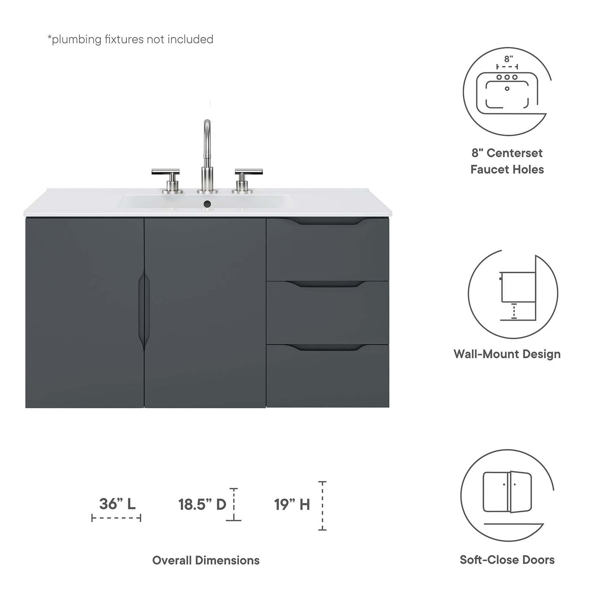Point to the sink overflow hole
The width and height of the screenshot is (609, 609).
pos(207,204)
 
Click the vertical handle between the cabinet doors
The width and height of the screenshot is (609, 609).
pos(144,311)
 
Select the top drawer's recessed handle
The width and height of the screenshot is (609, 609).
pos(327,221)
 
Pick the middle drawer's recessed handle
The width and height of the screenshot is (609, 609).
pos(327,284)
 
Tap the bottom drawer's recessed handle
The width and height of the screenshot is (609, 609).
pos(327,348)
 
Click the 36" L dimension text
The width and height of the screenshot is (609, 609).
pos(117,504)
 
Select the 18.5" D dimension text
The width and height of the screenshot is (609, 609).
pos(202,504)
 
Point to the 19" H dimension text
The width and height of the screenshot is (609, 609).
pos(292,504)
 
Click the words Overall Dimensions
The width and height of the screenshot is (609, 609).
pos(206,560)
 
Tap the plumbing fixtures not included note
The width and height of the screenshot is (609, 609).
pos(130,39)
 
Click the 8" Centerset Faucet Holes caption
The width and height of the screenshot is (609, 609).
pos(507,161)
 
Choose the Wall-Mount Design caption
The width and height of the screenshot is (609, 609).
pos(507,354)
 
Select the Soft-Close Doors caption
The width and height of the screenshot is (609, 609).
pos(507,560)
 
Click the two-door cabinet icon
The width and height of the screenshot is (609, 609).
pos(507,491)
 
